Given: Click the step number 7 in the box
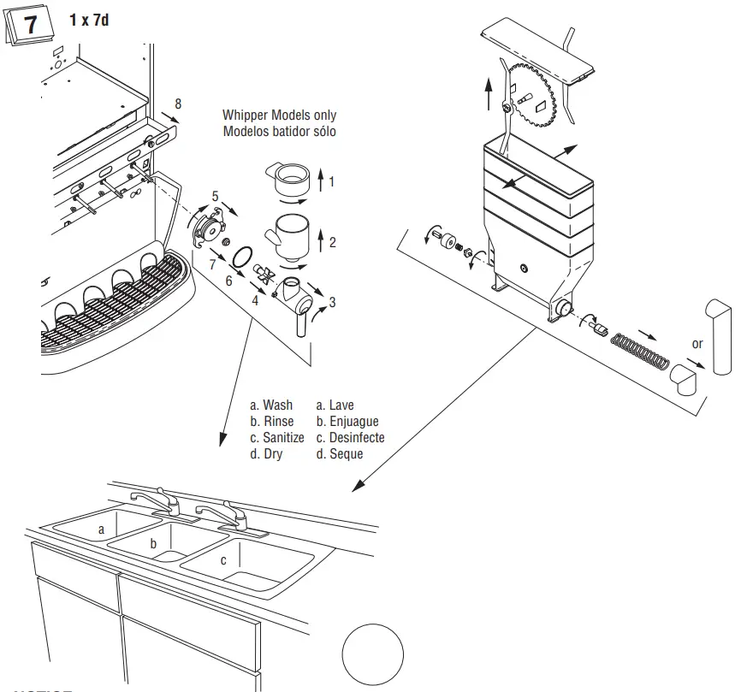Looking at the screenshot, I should pos(30,25).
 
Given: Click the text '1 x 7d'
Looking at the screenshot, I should pos(89,20).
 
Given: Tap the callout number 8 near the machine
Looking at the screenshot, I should pos(178,104).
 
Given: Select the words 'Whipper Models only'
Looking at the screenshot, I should pos(279,115).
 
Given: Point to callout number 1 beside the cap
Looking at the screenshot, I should pos(332,181).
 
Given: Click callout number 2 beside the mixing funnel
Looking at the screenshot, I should pos(332,242).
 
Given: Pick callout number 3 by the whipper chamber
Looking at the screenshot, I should pos(332,302).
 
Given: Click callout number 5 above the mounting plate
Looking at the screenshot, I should pos(215,196).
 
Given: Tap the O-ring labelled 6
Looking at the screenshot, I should pos(243,255).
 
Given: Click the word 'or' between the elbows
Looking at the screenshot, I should pos(697,344).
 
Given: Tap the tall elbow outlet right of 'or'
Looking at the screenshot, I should pos(717,335).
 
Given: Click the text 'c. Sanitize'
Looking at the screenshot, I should pos(276,437).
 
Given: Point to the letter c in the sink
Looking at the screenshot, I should pos(223,560).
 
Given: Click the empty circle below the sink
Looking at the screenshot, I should pos(372,654).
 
